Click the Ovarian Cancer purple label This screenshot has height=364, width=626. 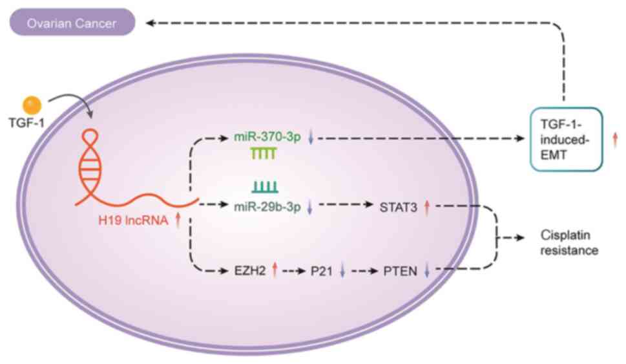coord(71,25)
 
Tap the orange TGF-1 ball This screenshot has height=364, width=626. coord(32,105)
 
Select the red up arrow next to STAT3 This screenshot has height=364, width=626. coord(427,207)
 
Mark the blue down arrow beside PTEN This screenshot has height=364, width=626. coord(427,271)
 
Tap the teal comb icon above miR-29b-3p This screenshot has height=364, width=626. coord(265,187)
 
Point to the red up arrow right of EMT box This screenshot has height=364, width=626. coord(615,138)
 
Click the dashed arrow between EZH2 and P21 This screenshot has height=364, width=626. coord(293,270)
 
